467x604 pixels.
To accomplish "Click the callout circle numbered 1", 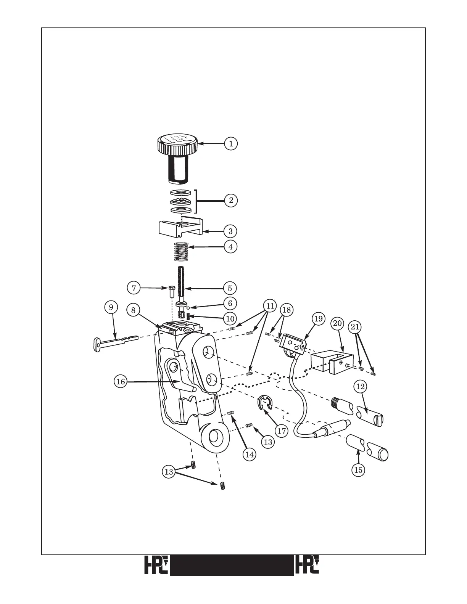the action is (230, 144).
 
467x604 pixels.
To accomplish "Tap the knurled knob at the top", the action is (177, 145).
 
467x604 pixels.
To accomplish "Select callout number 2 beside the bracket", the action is (230, 200).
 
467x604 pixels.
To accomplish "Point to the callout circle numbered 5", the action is (230, 288).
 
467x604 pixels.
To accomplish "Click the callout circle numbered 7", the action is (134, 288).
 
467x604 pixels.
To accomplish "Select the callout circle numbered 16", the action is (121, 381).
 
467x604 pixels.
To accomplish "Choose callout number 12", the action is (360, 387).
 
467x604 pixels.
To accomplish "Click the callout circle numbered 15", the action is (358, 470).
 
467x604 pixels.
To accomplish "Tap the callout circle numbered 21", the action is (356, 327).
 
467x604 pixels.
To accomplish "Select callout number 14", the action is (250, 455).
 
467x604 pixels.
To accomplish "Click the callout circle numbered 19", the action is (319, 318).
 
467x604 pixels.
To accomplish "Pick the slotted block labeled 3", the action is (181, 228).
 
